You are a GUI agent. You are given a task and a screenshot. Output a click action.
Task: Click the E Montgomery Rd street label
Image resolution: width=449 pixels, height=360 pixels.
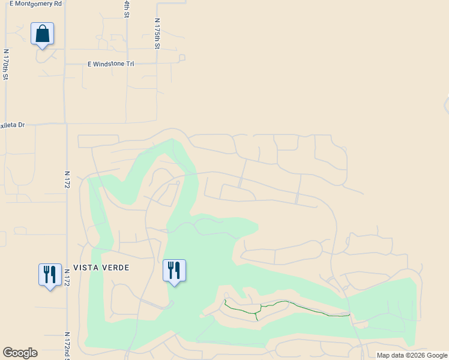pos(35,4)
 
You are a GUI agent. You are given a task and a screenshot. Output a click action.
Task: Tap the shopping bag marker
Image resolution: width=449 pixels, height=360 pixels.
pos(42,34)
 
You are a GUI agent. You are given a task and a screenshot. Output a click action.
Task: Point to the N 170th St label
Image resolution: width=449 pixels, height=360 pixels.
pos(5,64)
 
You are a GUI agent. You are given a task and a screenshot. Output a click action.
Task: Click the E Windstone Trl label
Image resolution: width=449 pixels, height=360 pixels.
pos(110,64)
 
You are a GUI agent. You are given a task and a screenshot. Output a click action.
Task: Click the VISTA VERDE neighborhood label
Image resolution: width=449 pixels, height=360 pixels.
pos(101,268)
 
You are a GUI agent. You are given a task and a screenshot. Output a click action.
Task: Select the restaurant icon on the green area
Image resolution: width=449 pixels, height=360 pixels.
pos(174,271)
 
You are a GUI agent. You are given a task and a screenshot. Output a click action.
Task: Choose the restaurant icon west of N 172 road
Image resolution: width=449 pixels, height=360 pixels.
pos(49,275)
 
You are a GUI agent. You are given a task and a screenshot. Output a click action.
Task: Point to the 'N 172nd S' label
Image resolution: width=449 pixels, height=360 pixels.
pos(67,345)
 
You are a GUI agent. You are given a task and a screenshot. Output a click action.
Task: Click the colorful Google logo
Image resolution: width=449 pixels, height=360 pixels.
pos(20,353)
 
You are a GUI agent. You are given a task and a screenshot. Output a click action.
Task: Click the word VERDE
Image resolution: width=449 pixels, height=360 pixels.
pos(115,268)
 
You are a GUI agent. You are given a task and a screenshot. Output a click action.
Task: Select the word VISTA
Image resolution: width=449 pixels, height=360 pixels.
pos(85,268)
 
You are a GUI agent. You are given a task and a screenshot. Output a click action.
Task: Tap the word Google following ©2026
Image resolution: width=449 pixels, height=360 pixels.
pos(437,356)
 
